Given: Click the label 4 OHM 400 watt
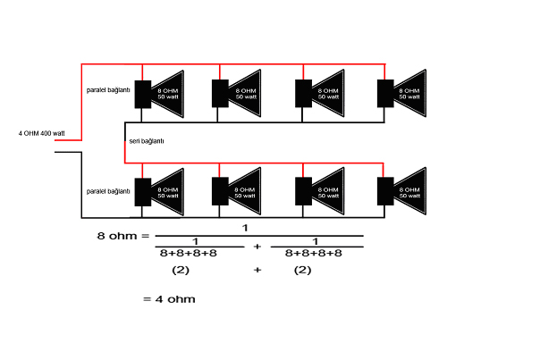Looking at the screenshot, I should [x=42, y=133].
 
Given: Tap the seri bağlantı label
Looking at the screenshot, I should [x=147, y=141].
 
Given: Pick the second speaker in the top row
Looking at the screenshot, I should [x=239, y=93].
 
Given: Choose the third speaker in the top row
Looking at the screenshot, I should [x=321, y=93].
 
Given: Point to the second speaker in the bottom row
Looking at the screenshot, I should [x=239, y=192].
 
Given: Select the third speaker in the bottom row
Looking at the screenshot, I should [x=321, y=192].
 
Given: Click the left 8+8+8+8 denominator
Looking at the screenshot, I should [x=189, y=253].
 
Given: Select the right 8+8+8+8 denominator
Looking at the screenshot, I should [x=315, y=253].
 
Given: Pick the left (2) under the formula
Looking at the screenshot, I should [x=181, y=270].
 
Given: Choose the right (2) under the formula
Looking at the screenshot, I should [x=302, y=270].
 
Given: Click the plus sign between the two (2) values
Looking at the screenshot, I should [x=257, y=270].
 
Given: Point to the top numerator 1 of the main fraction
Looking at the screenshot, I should [x=244, y=228].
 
